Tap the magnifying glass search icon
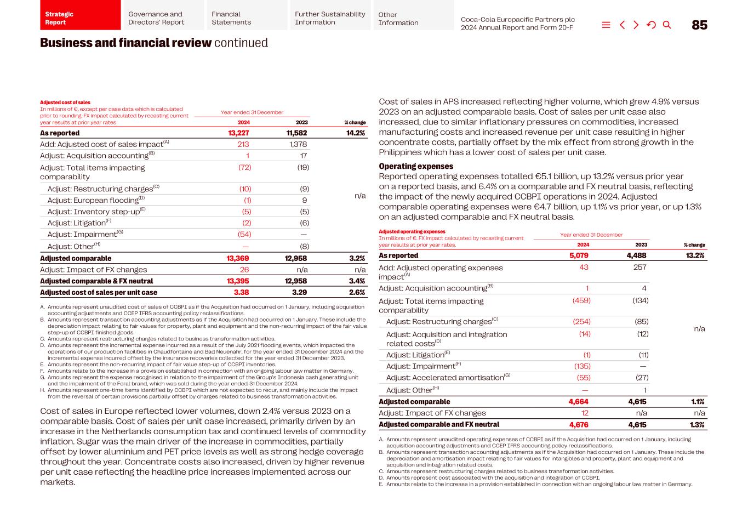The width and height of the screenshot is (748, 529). click(x=667, y=25)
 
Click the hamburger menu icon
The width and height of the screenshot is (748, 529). click(x=606, y=25)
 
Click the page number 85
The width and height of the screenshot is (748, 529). click(x=699, y=25)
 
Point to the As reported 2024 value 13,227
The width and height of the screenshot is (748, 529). click(x=238, y=133)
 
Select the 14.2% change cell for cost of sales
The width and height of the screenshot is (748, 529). click(x=355, y=133)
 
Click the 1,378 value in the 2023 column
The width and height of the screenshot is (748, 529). click(x=298, y=144)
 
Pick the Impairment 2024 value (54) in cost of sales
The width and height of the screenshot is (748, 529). click(x=244, y=234)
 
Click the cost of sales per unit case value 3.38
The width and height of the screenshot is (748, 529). click(x=241, y=293)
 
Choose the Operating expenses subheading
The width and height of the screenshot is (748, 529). click(x=416, y=166)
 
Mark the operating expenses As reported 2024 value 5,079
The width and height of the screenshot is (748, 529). click(x=579, y=255)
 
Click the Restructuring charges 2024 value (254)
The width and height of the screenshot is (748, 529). click(x=581, y=322)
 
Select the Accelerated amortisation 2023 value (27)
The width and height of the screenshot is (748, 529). click(x=641, y=378)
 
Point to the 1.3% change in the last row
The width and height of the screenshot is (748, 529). click(x=697, y=425)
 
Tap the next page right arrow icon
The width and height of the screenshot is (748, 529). click(x=636, y=25)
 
